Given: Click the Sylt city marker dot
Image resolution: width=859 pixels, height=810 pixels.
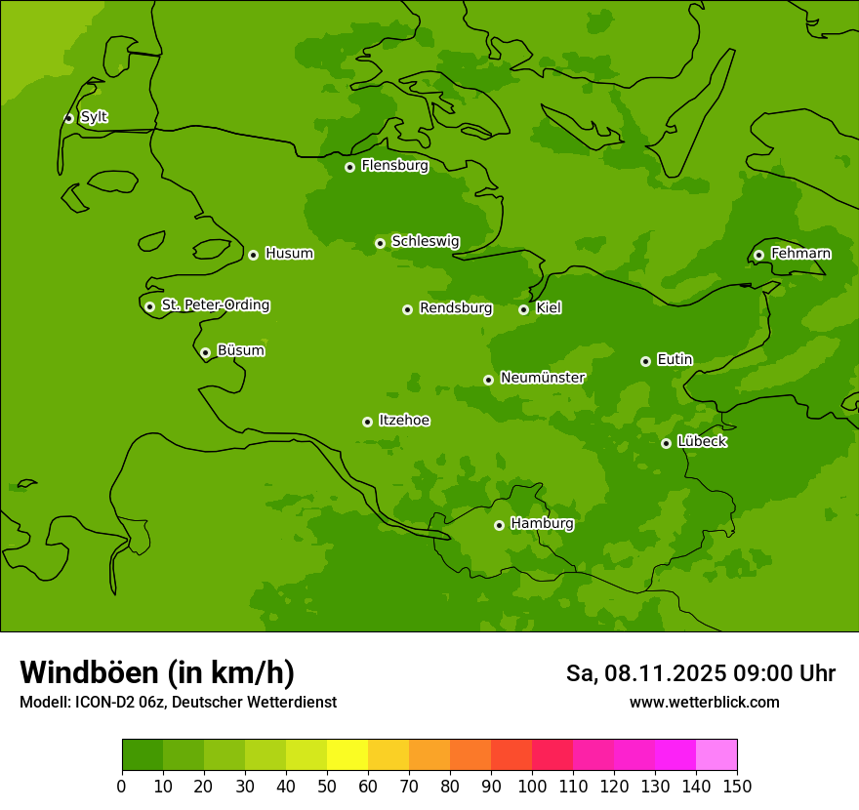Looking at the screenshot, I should point(68,118).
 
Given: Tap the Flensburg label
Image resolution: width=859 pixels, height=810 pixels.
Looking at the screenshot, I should point(394,166).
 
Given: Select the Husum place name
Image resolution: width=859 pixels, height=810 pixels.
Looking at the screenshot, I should point(289,254).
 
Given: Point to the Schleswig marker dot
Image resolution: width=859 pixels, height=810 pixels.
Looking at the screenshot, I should point(380,243).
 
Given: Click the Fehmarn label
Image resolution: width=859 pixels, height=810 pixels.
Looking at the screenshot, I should point(800,254).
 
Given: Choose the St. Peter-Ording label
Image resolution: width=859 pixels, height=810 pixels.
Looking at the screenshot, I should point(215,305).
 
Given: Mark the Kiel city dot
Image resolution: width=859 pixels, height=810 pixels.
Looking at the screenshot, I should point(523,309).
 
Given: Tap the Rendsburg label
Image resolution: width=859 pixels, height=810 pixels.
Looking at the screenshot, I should point(455,308).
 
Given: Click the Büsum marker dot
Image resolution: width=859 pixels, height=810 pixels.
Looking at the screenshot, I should point(205,352).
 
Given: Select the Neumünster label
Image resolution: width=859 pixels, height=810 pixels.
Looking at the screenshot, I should point(542,378).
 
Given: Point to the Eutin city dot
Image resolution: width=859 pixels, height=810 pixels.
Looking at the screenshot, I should point(645,361).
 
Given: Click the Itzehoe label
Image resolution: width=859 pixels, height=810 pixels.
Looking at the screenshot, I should point(404,421).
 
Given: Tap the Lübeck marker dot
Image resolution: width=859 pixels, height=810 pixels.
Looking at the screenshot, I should point(666,443).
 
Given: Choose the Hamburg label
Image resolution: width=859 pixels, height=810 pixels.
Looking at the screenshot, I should point(542,524).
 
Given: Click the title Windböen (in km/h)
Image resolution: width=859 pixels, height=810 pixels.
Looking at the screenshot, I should point(157,672).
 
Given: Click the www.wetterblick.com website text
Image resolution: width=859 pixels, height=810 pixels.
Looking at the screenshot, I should point(704,702).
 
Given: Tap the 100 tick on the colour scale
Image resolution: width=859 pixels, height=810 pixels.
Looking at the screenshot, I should point(532,786).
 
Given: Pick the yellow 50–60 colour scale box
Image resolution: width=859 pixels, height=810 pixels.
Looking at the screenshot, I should point(348,755).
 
